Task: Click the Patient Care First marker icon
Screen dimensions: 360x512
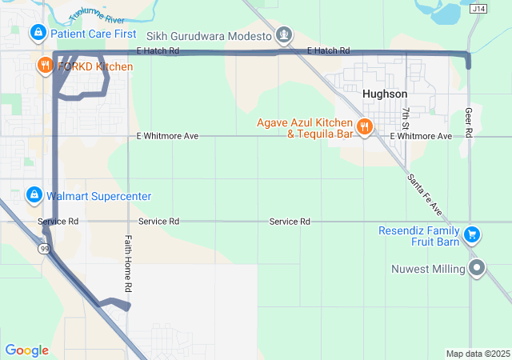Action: pyautogui.click(x=37, y=33)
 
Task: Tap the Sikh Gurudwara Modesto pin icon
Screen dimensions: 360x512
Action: pyautogui.click(x=283, y=35)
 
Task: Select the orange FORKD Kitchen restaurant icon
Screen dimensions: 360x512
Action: pyautogui.click(x=43, y=65)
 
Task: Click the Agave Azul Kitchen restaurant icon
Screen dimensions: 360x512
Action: pyautogui.click(x=364, y=126)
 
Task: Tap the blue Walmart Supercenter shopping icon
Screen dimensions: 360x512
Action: pyautogui.click(x=34, y=195)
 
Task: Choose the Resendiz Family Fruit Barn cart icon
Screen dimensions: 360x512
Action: pyautogui.click(x=472, y=234)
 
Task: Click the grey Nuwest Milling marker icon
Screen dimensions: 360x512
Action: pyautogui.click(x=478, y=268)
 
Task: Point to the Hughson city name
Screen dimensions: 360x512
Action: pyautogui.click(x=384, y=94)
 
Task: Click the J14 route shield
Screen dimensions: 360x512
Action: pyautogui.click(x=478, y=9)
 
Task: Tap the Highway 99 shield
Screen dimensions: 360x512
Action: pyautogui.click(x=45, y=250)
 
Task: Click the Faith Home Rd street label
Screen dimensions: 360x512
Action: pyautogui.click(x=127, y=262)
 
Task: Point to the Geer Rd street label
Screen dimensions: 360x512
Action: pyautogui.click(x=470, y=124)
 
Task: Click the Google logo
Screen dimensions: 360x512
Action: pyautogui.click(x=26, y=350)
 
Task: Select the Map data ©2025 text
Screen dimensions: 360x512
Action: pyautogui.click(x=477, y=354)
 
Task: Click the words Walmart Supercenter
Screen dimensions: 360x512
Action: pyautogui.click(x=98, y=196)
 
